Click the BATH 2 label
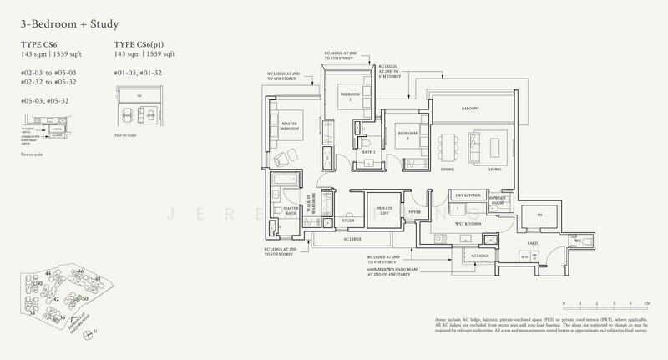(367, 151)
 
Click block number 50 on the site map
(84, 298)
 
